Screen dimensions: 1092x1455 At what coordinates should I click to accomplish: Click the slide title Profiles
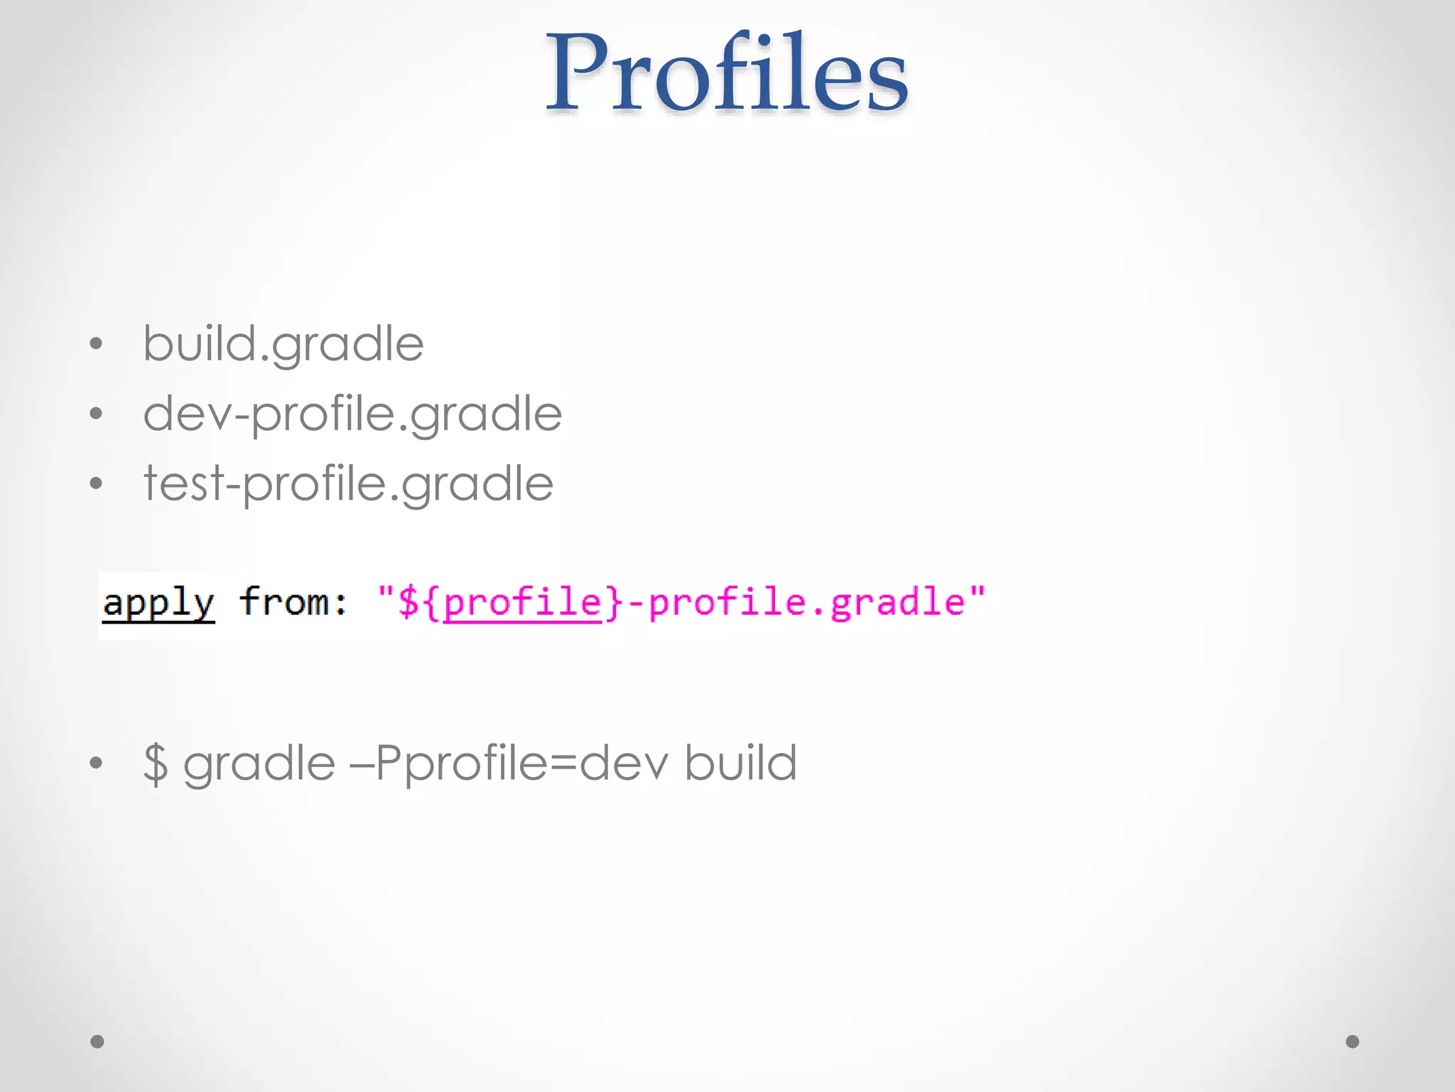[x=726, y=73]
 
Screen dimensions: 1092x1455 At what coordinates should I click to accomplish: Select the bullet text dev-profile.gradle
[x=352, y=414]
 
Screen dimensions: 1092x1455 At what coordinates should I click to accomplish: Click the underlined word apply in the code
[x=158, y=604]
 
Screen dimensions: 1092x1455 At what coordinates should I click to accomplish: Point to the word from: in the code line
[x=293, y=602]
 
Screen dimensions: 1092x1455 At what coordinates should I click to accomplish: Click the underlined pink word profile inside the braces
[x=523, y=602]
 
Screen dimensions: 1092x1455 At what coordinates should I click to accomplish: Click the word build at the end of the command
[x=740, y=763]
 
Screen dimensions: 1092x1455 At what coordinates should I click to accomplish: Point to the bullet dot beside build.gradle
[x=97, y=345]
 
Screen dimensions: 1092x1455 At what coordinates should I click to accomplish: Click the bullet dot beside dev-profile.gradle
[x=97, y=414]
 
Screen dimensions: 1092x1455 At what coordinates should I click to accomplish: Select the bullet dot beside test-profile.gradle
[x=97, y=483]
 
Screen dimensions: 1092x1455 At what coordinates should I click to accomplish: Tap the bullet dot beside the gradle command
[x=97, y=764]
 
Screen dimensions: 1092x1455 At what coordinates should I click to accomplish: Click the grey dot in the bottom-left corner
[x=97, y=1042]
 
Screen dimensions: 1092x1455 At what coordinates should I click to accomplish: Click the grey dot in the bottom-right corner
[x=1353, y=1042]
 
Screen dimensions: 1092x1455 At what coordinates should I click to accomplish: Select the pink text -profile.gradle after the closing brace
[x=796, y=603]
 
